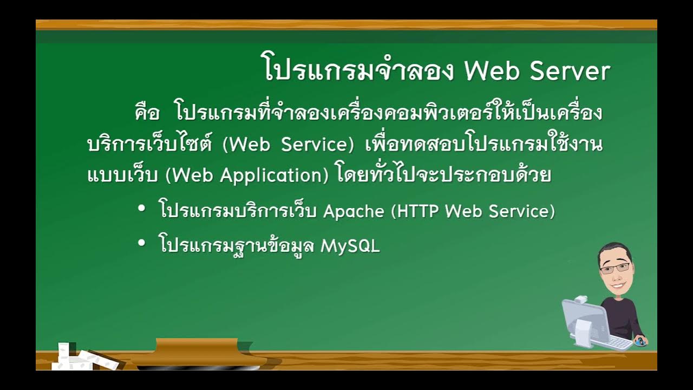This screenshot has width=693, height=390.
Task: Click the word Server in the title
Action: click(570, 71)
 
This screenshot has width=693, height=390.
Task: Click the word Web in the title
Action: click(492, 71)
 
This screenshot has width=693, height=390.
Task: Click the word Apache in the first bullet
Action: click(354, 211)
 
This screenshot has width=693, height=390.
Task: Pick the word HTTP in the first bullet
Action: click(419, 211)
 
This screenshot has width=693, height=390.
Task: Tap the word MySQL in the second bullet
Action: click(350, 246)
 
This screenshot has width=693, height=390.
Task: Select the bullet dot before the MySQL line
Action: click(142, 244)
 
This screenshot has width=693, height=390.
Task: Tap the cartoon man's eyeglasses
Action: click(614, 268)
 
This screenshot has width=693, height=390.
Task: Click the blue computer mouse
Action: click(641, 341)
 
